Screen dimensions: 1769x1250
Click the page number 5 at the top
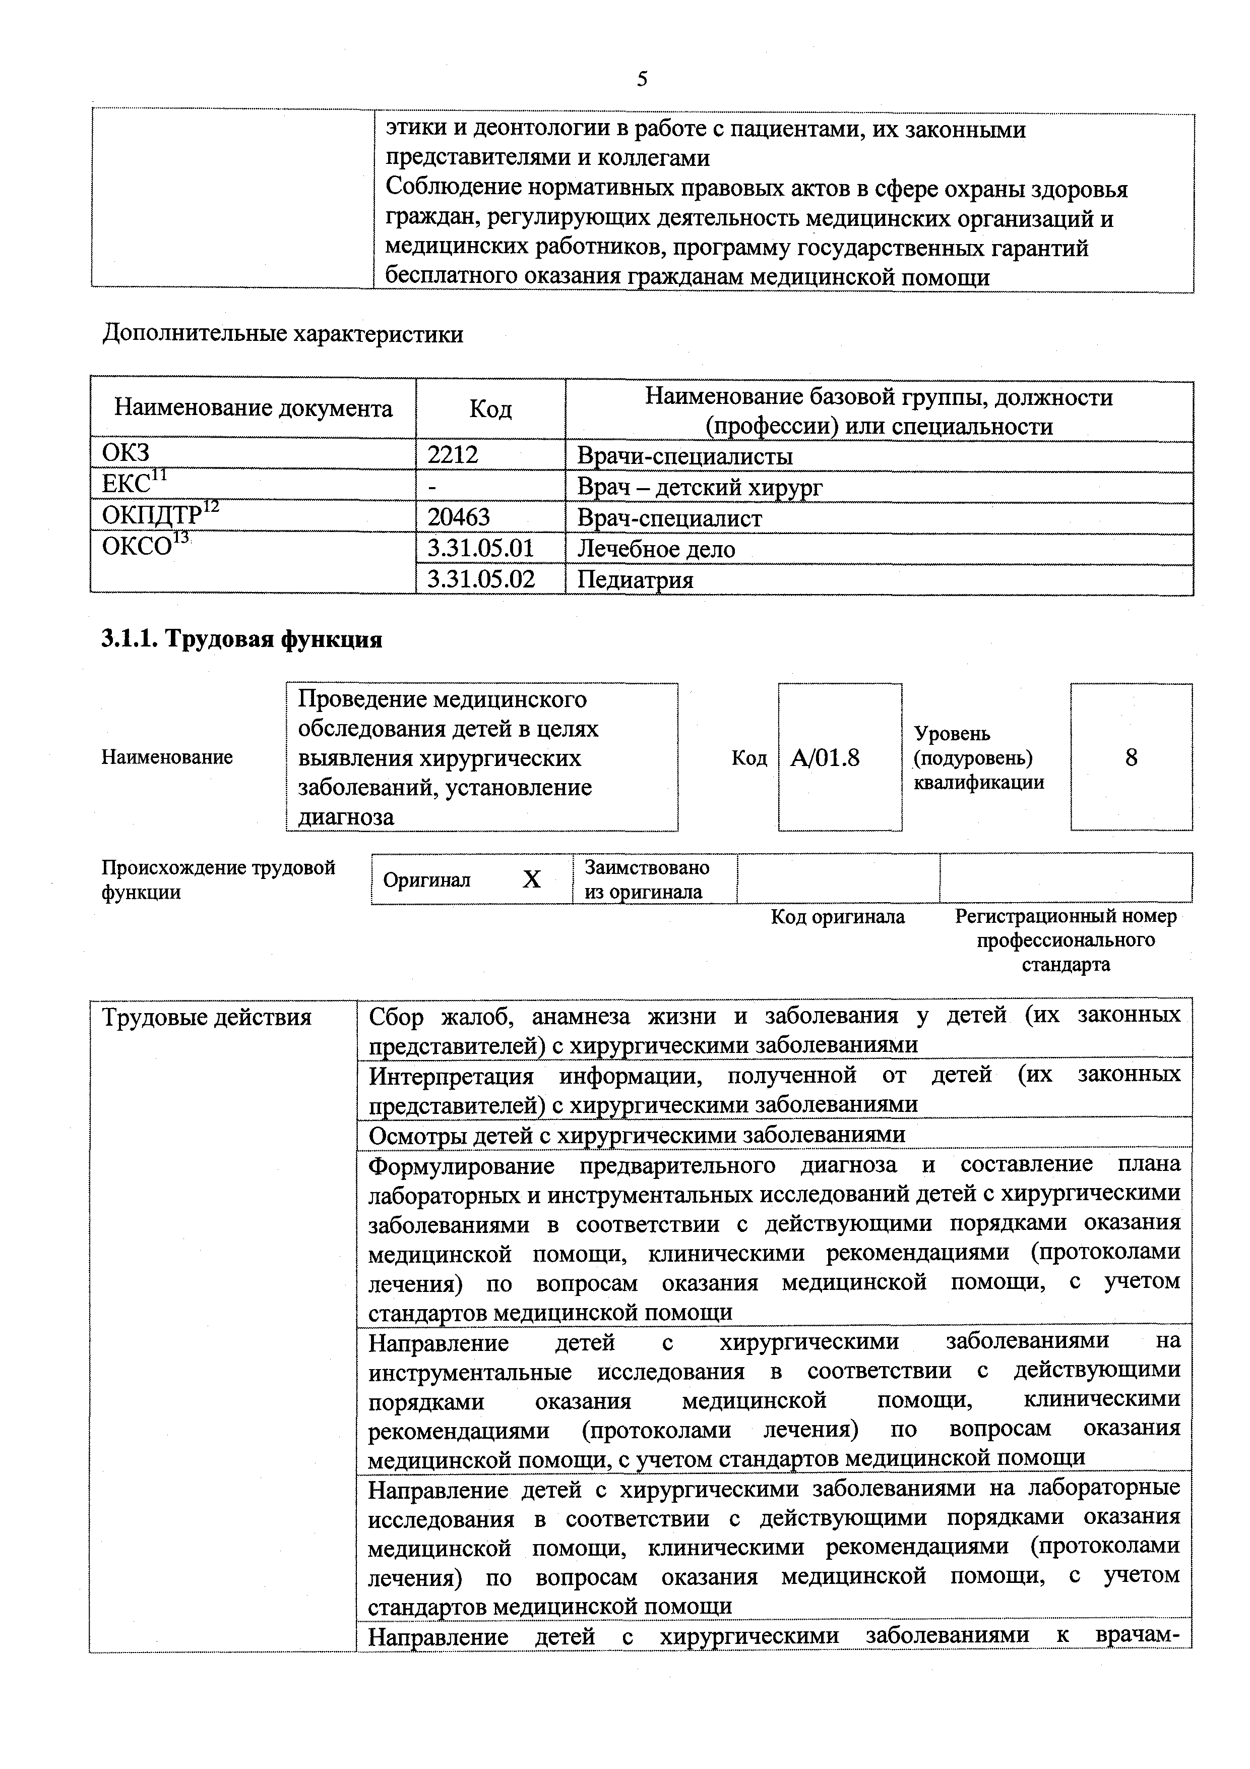(x=642, y=79)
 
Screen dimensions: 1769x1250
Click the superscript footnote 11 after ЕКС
(x=159, y=476)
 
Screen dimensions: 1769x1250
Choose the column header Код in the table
(x=490, y=409)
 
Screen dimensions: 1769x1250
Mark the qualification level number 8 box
(x=1130, y=757)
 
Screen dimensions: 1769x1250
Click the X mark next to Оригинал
(x=531, y=879)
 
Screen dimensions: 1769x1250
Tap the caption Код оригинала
(x=837, y=917)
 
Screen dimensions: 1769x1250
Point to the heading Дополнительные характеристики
(x=283, y=334)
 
